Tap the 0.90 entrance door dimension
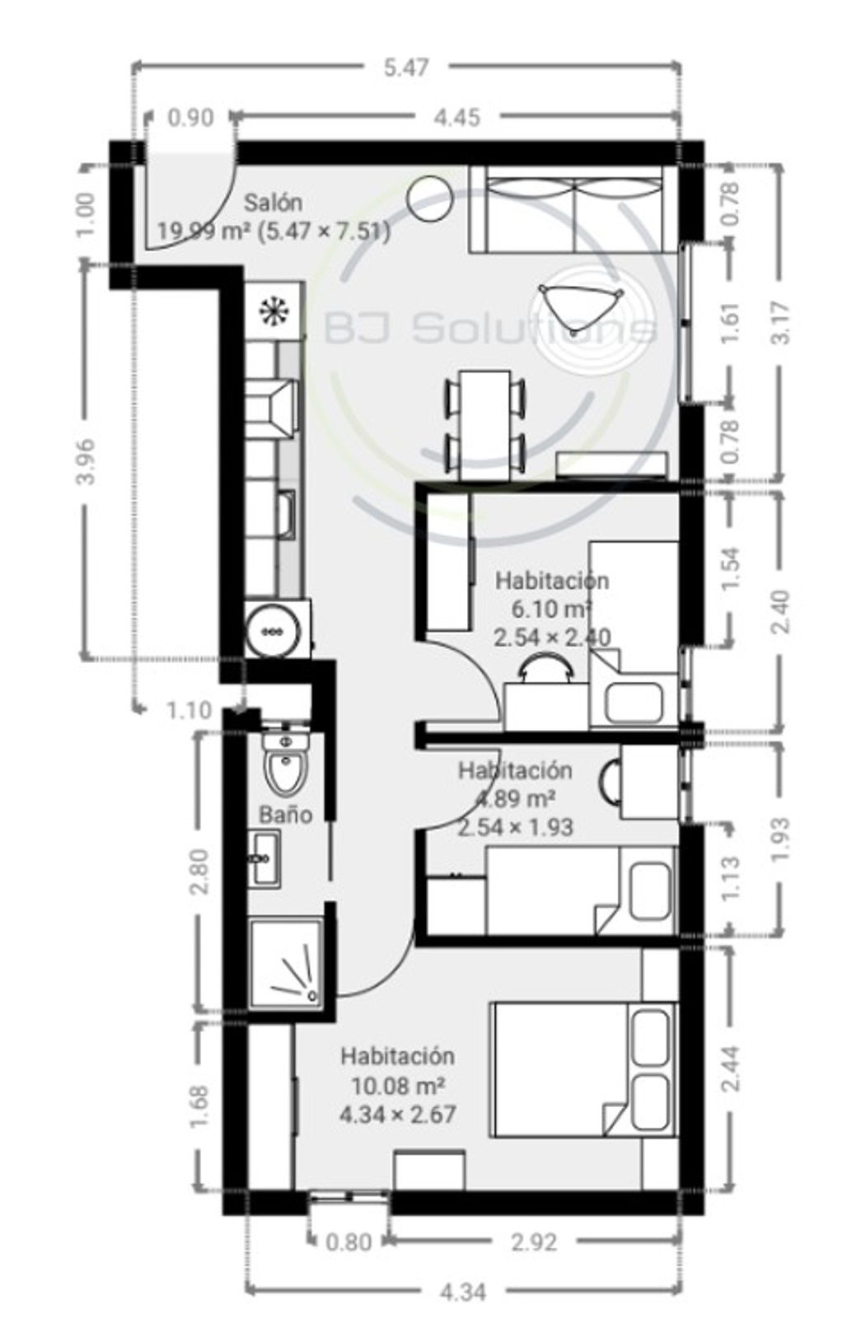(x=190, y=119)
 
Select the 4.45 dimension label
(x=456, y=119)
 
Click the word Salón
(x=274, y=203)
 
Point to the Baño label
(x=285, y=815)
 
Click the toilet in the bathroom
(x=286, y=763)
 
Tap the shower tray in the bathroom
(x=287, y=965)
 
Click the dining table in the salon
(x=484, y=424)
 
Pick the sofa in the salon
(x=573, y=209)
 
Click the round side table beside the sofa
(x=430, y=199)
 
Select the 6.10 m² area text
(x=551, y=609)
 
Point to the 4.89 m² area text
(x=515, y=798)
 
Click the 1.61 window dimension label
(x=730, y=322)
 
